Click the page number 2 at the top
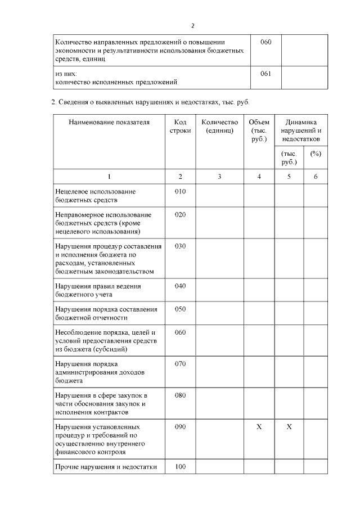[193, 26]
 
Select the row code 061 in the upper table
[265, 73]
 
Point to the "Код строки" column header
[180, 126]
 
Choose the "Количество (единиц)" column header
[219, 126]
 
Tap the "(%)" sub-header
[316, 154]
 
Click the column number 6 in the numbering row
[316, 177]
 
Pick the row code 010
[180, 191]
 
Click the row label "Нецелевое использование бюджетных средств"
[96, 195]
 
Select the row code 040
[180, 286]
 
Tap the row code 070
[180, 364]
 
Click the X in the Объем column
[259, 427]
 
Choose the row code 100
[180, 466]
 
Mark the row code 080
[180, 395]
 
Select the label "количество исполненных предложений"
[116, 82]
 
